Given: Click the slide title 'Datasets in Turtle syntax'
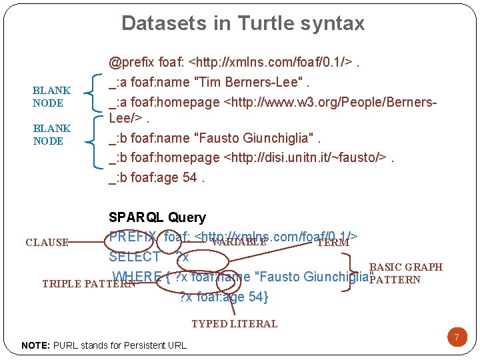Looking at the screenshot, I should pyautogui.click(x=243, y=23).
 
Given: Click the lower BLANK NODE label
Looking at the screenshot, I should pyautogui.click(x=51, y=135).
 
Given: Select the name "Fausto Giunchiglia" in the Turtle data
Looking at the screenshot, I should pyautogui.click(x=255, y=139).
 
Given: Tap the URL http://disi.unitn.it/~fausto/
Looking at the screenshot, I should pyautogui.click(x=306, y=157).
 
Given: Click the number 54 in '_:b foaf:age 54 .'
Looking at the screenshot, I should pyautogui.click(x=189, y=178).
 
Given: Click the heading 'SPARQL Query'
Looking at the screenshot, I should pyautogui.click(x=157, y=217).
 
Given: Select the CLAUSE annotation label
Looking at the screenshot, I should pyautogui.click(x=47, y=243).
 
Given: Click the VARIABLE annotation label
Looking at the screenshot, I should pyautogui.click(x=238, y=243).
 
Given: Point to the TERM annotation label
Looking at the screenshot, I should pyautogui.click(x=333, y=243).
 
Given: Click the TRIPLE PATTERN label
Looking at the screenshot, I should pyautogui.click(x=88, y=283).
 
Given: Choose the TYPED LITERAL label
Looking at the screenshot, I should pyautogui.click(x=234, y=324).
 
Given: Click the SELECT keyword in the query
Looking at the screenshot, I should pyautogui.click(x=134, y=257).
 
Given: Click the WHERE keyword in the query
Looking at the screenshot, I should pyautogui.click(x=137, y=276).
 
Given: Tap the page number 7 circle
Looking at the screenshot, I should pyautogui.click(x=457, y=337).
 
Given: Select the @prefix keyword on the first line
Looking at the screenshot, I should pyautogui.click(x=131, y=63).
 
